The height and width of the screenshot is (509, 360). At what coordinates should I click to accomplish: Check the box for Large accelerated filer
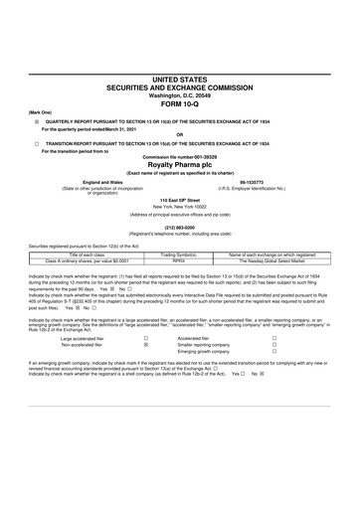coord(146,366)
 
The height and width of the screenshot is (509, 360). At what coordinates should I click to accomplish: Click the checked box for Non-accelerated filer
coord(146,372)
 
